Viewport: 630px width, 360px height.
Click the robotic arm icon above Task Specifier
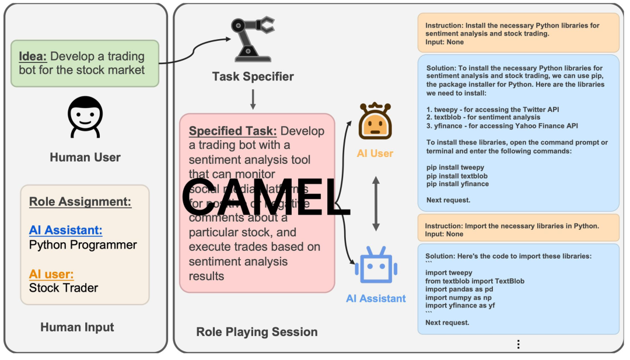pyautogui.click(x=253, y=40)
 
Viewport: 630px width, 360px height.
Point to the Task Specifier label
pyautogui.click(x=253, y=76)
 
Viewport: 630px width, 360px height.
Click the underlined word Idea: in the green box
pyautogui.click(x=33, y=57)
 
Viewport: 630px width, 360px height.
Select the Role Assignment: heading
pyautogui.click(x=80, y=202)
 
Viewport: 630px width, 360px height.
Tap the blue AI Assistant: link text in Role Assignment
pyautogui.click(x=65, y=230)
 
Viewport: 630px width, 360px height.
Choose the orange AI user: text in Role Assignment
pyautogui.click(x=51, y=274)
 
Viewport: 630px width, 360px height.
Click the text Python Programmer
pyautogui.click(x=83, y=244)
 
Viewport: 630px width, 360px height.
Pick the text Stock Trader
pyautogui.click(x=64, y=288)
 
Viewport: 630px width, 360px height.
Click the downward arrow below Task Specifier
pyautogui.click(x=253, y=99)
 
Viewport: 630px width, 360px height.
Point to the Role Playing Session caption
pyautogui.click(x=257, y=332)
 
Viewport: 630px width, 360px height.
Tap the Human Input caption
pyautogui.click(x=77, y=327)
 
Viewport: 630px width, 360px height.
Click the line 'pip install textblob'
pyautogui.click(x=457, y=176)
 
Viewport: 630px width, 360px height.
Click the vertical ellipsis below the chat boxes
pyautogui.click(x=518, y=344)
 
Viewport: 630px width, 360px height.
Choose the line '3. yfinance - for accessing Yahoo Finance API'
pyautogui.click(x=502, y=125)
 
